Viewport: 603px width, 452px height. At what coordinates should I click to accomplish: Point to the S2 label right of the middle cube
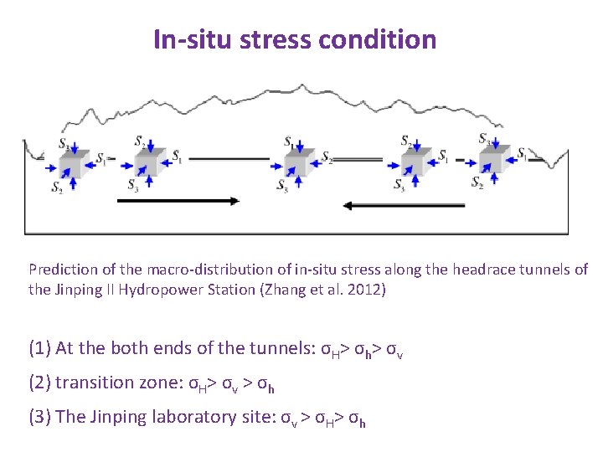pyautogui.click(x=327, y=158)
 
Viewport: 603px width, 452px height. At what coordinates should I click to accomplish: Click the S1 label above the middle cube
pyautogui.click(x=289, y=140)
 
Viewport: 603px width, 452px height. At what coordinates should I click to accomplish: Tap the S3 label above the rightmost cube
pyautogui.click(x=485, y=138)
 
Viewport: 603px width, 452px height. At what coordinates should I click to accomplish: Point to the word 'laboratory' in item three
pyautogui.click(x=193, y=417)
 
